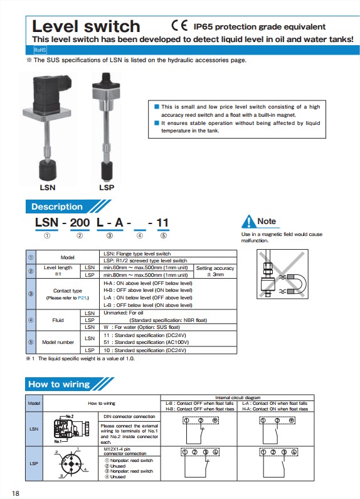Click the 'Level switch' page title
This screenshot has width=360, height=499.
(86, 26)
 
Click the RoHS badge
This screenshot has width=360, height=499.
(40, 49)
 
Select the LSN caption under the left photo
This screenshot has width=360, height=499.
(48, 187)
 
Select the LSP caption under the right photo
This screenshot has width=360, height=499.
(107, 187)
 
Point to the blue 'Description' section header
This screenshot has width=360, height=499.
(57, 207)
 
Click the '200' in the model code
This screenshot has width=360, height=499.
(80, 222)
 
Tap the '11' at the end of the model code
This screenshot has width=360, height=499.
(162, 222)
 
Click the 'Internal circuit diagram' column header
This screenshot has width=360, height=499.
(255, 398)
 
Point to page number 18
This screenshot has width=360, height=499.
(16, 492)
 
